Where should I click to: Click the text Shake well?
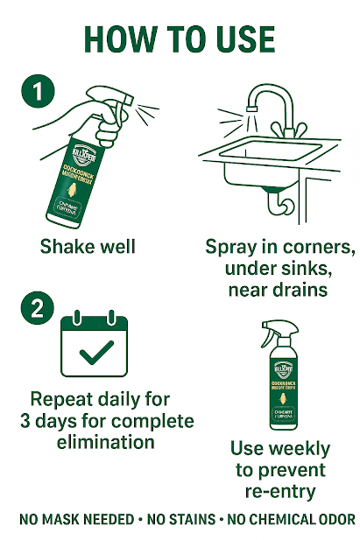[x=88, y=246]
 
